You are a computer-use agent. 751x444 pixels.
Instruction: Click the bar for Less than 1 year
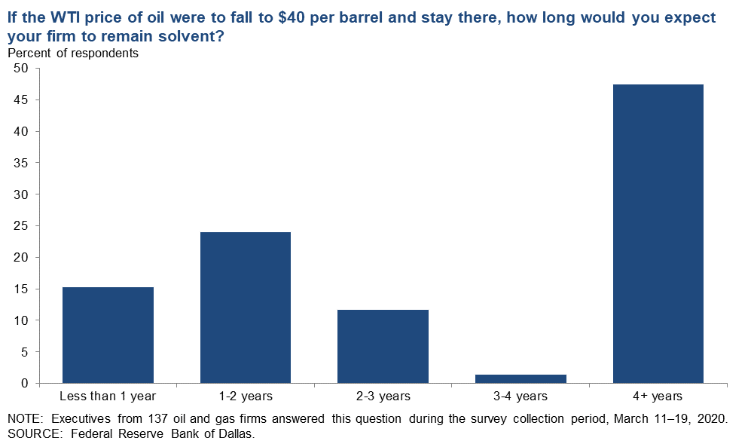click(108, 335)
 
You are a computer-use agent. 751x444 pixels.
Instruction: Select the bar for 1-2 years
click(246, 308)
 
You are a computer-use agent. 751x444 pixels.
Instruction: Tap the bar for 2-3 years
click(383, 347)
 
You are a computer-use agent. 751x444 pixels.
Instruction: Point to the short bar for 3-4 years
click(521, 378)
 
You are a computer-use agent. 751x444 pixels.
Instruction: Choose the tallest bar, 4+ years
click(658, 234)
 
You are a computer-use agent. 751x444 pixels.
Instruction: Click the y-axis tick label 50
click(21, 69)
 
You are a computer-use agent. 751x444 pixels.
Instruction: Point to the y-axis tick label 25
click(21, 226)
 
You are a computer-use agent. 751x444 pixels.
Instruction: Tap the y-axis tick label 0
click(24, 383)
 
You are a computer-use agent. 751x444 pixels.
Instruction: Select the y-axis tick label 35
click(21, 163)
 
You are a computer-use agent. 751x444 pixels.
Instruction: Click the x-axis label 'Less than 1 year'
click(108, 397)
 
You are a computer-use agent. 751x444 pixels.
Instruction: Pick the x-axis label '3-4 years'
click(521, 397)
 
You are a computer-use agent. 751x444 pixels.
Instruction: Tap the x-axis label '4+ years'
click(658, 397)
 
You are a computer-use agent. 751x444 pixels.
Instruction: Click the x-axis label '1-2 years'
click(246, 397)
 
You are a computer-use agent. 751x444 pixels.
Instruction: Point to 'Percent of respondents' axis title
click(73, 54)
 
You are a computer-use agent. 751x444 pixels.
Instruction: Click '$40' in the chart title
click(292, 18)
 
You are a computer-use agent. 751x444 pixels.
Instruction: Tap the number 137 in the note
click(158, 418)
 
